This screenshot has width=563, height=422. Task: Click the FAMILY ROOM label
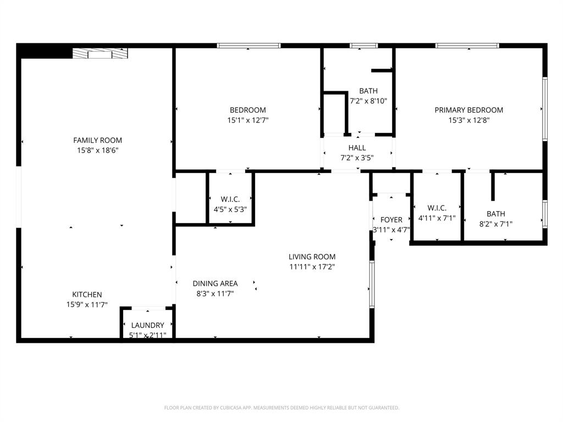[98, 140]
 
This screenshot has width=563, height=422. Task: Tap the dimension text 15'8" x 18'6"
[98, 150]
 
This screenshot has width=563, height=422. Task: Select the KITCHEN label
[87, 295]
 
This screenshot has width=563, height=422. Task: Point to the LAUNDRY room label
[147, 325]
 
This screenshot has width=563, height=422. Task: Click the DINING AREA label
[215, 284]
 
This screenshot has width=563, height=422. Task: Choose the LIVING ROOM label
[312, 257]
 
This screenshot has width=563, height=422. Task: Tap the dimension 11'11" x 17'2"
[312, 267]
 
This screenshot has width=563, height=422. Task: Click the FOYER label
[391, 220]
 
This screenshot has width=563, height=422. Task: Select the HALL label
[357, 148]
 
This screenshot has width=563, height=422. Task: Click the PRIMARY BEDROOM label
[468, 110]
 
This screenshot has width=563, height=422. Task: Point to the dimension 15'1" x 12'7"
[247, 120]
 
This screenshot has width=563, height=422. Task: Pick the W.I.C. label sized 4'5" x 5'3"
[230, 199]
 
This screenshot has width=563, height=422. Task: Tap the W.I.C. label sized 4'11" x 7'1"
[437, 208]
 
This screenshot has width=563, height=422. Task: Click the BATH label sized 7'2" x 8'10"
[368, 91]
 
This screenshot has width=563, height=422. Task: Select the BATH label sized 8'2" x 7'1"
[495, 214]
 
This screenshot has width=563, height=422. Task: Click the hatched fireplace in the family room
[100, 53]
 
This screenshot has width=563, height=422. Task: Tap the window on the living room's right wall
[372, 284]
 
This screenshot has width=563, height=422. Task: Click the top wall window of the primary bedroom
[467, 46]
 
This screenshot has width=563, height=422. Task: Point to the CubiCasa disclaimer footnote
[281, 408]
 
